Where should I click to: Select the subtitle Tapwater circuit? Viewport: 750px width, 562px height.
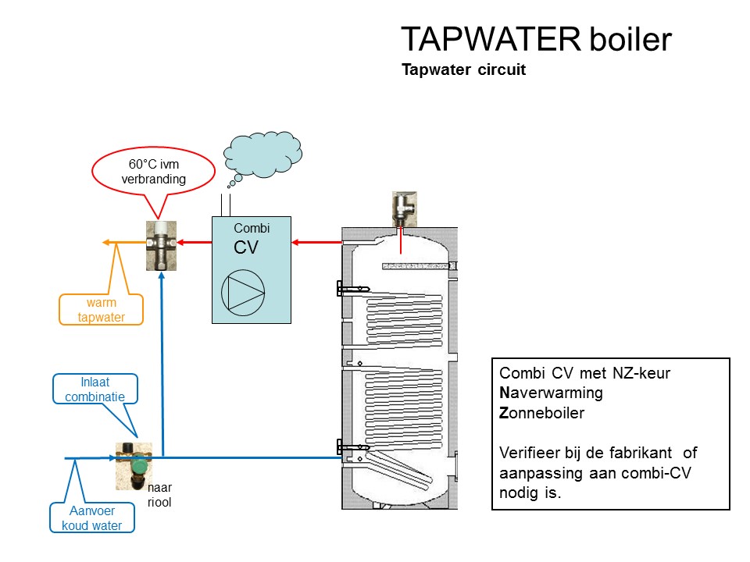point(463,69)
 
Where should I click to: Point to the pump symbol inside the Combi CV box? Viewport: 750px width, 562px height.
point(243,293)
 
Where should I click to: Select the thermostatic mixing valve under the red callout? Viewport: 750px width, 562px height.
point(161,244)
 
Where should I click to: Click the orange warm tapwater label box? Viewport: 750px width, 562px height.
point(102,309)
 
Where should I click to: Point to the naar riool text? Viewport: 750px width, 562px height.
point(159,495)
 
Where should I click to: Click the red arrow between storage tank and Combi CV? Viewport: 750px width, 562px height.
point(317,242)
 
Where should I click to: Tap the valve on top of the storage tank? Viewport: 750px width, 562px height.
point(404,208)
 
